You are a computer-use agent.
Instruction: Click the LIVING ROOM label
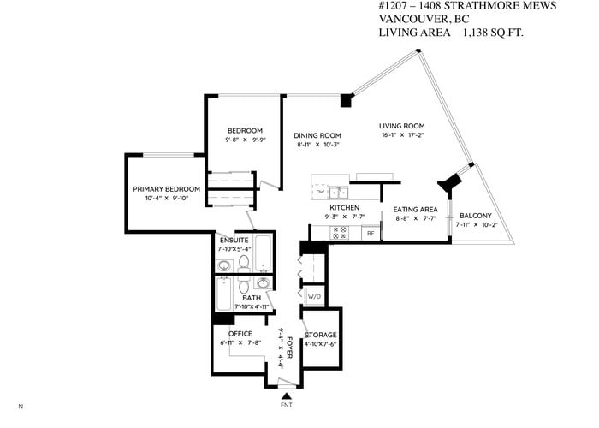pos(402,126)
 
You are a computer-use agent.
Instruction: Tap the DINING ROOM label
pos(317,135)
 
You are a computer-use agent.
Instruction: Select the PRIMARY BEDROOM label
pos(167,189)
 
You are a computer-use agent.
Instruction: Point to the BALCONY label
pos(476,216)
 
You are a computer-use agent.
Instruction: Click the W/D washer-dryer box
pos(314,296)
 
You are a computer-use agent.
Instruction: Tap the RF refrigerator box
pos(371,233)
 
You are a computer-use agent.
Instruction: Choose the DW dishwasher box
pos(320,192)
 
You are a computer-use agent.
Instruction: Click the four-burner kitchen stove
pos(340,233)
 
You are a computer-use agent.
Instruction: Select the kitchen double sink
pos(339,193)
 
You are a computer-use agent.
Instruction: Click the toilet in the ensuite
pos(244,264)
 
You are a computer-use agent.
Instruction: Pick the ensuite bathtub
pos(263,253)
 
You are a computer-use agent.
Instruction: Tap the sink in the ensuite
pos(224,265)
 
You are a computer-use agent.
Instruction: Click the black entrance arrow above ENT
pos(287,396)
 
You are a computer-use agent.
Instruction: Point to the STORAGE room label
pos(321,336)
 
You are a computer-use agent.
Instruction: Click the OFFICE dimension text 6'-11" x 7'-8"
pos(240,342)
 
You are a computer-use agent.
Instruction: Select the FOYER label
pos(289,348)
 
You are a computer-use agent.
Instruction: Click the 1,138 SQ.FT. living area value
pos(493,33)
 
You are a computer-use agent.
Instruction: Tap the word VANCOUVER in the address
pos(411,19)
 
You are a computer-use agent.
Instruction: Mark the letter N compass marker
pos(21,407)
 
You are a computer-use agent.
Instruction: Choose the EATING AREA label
pos(415,210)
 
